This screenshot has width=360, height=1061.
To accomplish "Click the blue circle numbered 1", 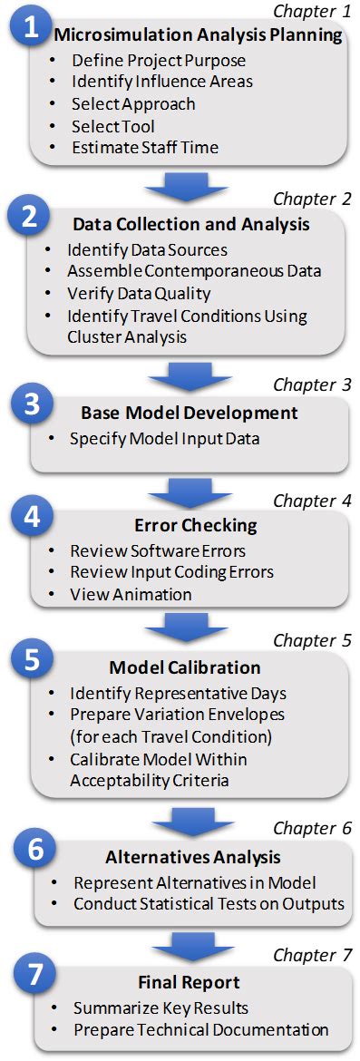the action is pyautogui.click(x=32, y=28).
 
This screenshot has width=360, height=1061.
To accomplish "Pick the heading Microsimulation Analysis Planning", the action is pyautogui.click(x=197, y=36).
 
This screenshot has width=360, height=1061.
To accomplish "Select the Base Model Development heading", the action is pyautogui.click(x=189, y=414).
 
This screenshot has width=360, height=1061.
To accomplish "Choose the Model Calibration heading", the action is pyautogui.click(x=185, y=667).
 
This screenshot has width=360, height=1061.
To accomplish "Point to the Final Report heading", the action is pyautogui.click(x=189, y=982).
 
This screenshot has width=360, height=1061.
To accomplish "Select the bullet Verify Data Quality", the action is pyautogui.click(x=139, y=294).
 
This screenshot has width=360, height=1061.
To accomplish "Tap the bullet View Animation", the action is pyautogui.click(x=131, y=595).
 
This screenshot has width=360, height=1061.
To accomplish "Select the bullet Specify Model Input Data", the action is pyautogui.click(x=163, y=440).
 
